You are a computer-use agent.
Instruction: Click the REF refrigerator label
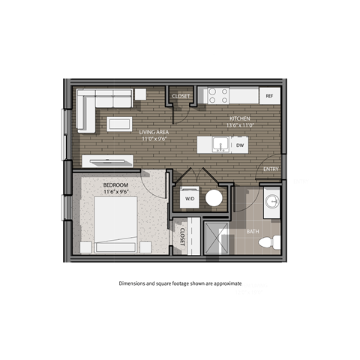[x=268, y=97]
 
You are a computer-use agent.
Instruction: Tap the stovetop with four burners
[x=217, y=96]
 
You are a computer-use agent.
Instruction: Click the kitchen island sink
[x=221, y=144]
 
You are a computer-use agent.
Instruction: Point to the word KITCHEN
[x=240, y=118]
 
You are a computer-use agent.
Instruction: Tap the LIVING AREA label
[x=153, y=132]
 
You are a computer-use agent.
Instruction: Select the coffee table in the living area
[x=119, y=124]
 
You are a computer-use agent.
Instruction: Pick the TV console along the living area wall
[x=107, y=160]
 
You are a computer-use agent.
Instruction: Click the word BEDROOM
[x=115, y=184]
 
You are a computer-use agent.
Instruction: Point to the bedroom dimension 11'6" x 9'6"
[x=115, y=192]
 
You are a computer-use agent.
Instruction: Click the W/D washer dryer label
[x=189, y=199]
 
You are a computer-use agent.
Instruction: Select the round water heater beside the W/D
[x=214, y=198]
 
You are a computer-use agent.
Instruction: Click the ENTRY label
[x=271, y=169]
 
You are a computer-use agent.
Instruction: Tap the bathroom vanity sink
[x=271, y=202]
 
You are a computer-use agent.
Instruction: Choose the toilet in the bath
[x=274, y=241]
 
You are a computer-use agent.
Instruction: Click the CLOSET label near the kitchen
[x=181, y=97]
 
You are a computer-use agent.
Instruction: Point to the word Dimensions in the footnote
[x=135, y=284]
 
